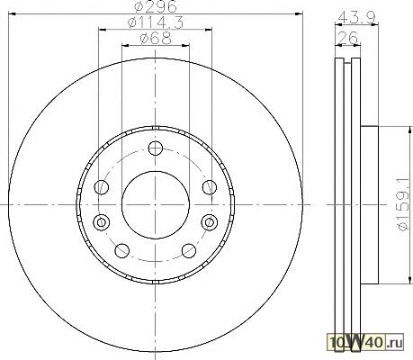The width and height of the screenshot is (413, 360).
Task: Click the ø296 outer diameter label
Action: click(x=156, y=6)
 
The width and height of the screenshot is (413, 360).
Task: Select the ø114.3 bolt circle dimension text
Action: click(x=156, y=22)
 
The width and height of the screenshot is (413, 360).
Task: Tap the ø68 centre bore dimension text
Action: click(x=156, y=39)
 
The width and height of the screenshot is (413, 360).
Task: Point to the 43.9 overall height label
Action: click(x=356, y=18)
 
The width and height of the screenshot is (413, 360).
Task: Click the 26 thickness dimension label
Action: click(x=348, y=38)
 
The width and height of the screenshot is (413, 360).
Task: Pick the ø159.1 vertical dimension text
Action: click(x=403, y=203)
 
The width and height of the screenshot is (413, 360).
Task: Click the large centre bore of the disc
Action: click(x=156, y=205)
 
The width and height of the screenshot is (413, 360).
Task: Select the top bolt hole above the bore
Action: click(x=156, y=148)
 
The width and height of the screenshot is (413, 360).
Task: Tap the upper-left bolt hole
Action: click(x=102, y=187)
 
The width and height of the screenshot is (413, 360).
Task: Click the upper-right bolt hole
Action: click(x=210, y=187)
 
